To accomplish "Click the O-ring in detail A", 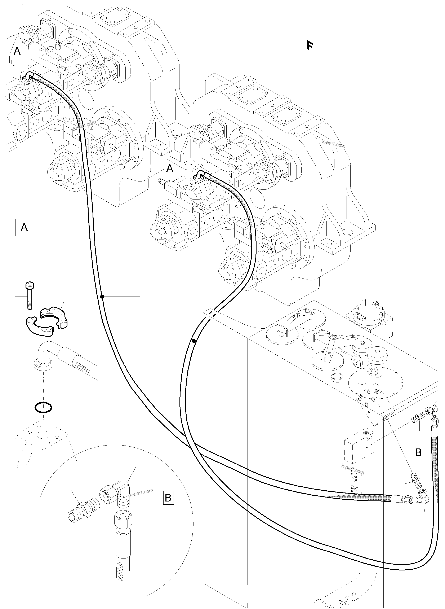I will click(x=43, y=408).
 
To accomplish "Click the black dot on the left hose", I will click(x=102, y=297).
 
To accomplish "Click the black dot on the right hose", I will click(x=194, y=341).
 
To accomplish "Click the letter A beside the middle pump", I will click(x=170, y=168).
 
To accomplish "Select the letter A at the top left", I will click(x=17, y=51).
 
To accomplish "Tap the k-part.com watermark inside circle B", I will click(x=141, y=491).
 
